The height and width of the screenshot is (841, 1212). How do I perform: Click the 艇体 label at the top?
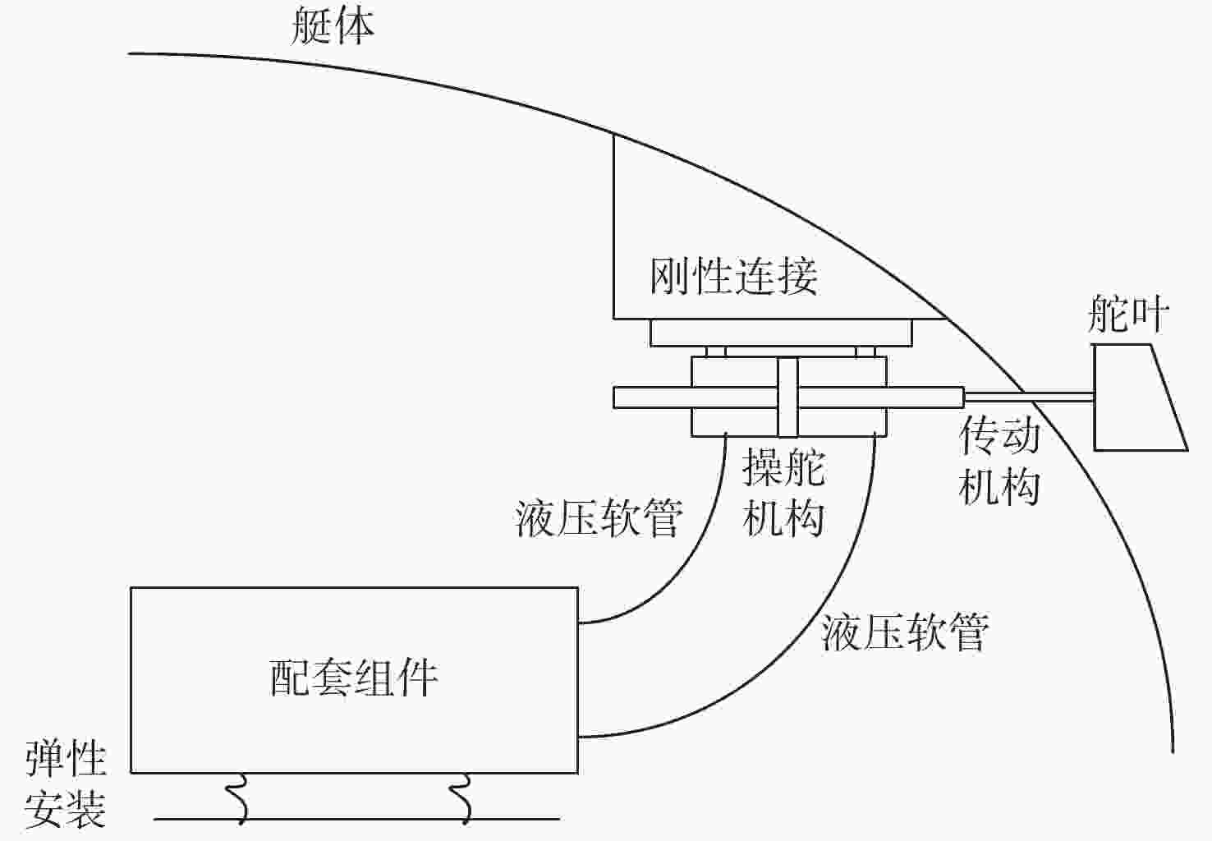[333, 26]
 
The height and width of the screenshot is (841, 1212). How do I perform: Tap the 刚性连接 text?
[734, 277]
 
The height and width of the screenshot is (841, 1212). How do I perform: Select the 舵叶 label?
[1127, 314]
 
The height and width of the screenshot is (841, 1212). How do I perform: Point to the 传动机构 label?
[999, 462]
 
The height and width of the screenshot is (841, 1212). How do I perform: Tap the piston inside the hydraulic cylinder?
[787, 397]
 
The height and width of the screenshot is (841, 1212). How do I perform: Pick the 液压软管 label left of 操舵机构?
[599, 518]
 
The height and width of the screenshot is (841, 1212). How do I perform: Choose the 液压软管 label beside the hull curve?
[905, 632]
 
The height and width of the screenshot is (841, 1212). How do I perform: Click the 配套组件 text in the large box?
[353, 678]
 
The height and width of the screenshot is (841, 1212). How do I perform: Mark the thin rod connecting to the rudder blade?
[1029, 398]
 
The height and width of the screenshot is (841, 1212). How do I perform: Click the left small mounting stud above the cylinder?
[716, 352]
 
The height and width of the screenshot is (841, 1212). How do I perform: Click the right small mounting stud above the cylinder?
[865, 352]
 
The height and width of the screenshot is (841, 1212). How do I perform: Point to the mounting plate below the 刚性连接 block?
[781, 333]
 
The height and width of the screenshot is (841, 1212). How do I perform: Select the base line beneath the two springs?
[356, 819]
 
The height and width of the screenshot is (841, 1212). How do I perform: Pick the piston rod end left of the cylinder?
[653, 398]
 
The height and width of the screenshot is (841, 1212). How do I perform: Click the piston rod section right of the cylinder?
[925, 398]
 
